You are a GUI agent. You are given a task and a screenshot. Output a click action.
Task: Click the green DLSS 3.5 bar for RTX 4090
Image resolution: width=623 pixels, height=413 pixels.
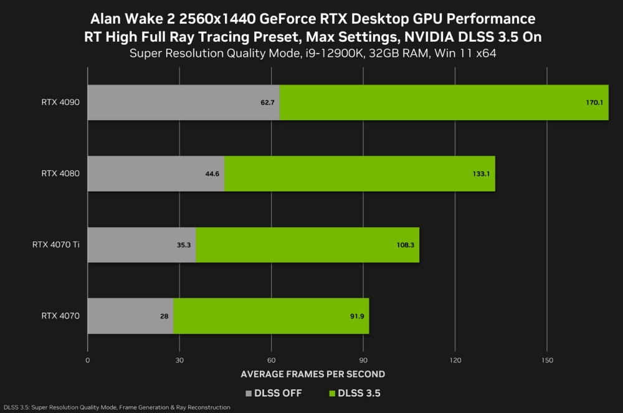444,102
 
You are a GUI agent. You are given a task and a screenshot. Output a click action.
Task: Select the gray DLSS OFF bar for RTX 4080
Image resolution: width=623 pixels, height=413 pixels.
156,174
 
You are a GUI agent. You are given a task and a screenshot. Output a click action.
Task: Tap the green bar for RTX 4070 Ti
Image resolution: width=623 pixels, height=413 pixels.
307,244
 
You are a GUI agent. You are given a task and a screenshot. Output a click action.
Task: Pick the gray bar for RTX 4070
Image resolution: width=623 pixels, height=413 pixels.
130,316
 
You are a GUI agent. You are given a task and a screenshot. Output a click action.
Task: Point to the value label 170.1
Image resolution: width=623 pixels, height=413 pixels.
594,102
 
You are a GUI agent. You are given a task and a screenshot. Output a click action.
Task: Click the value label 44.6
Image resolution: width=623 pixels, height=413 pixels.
212,174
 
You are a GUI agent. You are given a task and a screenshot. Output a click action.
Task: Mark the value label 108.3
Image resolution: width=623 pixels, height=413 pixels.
405,245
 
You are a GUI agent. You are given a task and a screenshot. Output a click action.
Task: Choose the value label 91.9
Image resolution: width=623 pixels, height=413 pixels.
357,316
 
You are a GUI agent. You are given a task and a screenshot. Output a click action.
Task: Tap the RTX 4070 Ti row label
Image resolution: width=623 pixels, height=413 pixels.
56,244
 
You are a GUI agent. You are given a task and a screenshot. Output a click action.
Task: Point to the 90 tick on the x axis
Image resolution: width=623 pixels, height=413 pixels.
363,360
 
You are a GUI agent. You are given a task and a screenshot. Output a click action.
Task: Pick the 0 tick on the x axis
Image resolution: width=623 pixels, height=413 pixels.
88,360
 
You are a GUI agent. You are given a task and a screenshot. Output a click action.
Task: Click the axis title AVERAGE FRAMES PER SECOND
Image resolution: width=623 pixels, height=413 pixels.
312,374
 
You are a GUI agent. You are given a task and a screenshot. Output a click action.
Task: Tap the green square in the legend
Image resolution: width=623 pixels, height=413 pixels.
331,393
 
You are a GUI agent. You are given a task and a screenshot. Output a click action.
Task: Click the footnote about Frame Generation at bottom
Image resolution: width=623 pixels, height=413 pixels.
117,407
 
